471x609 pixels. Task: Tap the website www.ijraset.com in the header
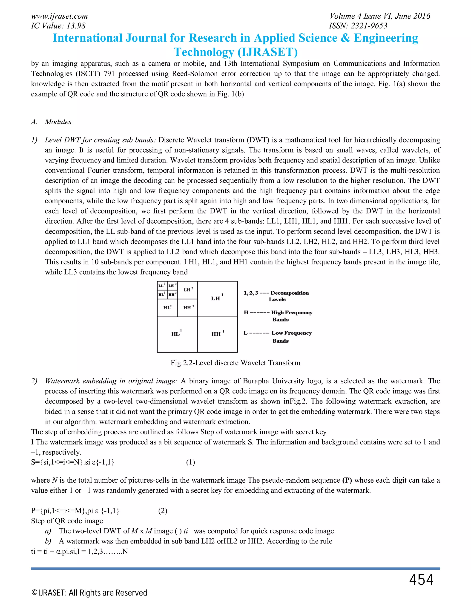59,16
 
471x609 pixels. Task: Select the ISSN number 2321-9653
358,26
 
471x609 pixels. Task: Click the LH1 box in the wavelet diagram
217,299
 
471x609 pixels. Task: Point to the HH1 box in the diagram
217,334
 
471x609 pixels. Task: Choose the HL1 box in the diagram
177,334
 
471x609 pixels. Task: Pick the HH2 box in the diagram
187,308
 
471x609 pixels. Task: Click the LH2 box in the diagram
187,290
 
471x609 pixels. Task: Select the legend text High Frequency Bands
291,316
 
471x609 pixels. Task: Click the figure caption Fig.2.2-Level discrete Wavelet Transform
235,363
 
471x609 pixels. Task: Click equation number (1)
191,462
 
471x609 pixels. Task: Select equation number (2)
163,511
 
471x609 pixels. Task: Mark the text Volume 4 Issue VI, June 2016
380,16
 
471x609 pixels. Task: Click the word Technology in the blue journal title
204,52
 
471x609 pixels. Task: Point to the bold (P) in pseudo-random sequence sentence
347,480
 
